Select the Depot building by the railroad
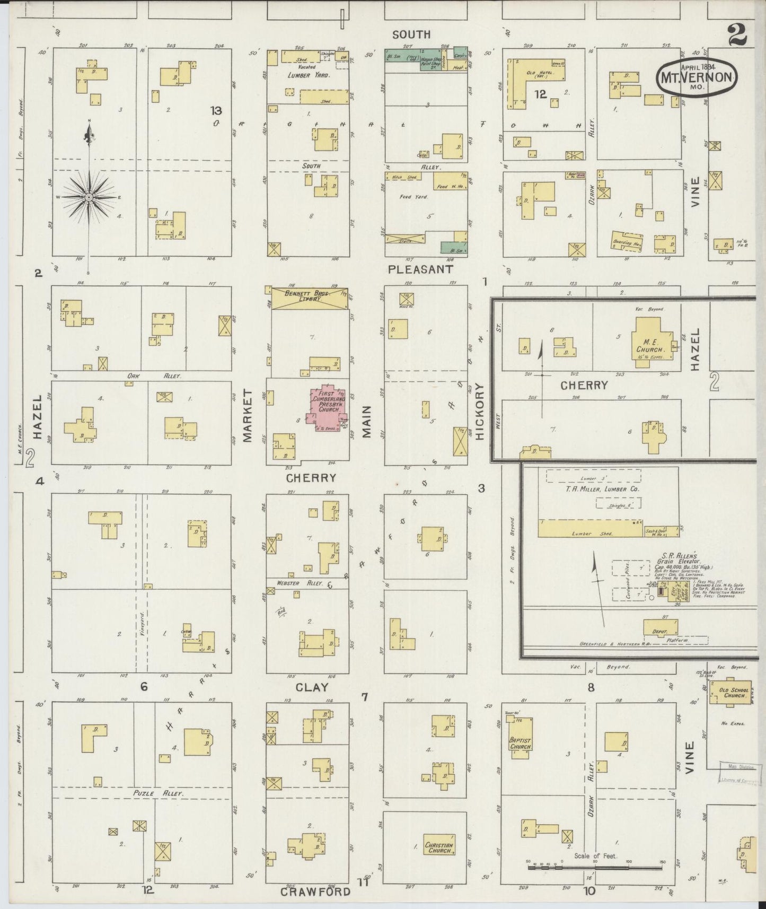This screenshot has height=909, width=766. tap(659, 627)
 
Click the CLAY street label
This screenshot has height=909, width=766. tap(312, 687)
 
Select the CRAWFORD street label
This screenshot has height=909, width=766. tap(315, 891)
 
